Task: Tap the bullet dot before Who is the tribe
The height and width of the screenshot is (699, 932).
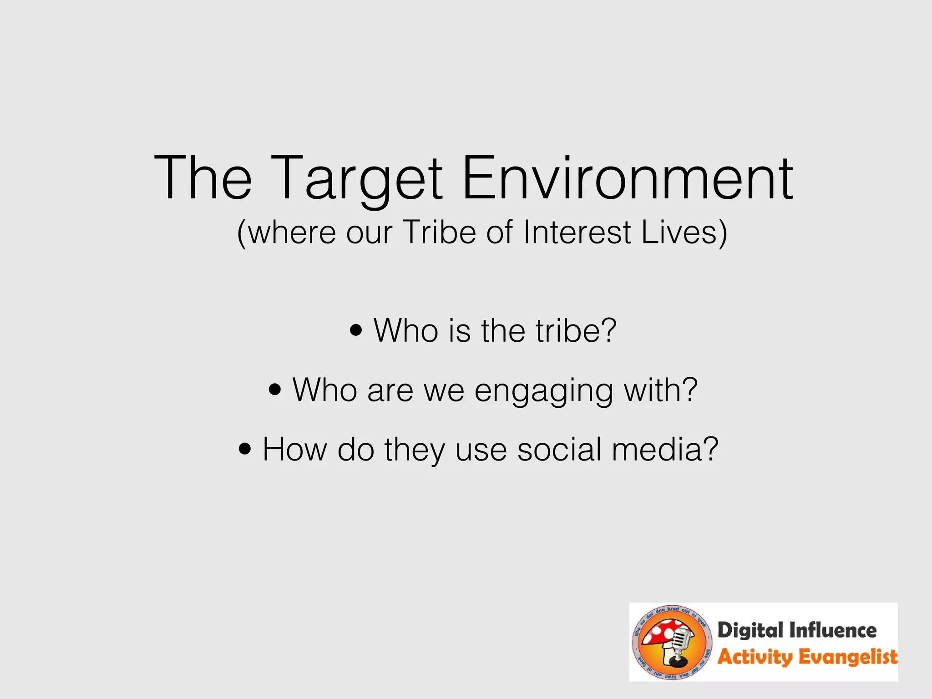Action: [x=356, y=331]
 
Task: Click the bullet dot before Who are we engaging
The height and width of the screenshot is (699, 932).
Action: [x=275, y=390]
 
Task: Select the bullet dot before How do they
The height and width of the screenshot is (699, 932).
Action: [x=245, y=450]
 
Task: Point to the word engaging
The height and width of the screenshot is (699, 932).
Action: [x=544, y=391]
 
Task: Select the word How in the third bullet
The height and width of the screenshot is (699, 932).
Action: [x=295, y=450]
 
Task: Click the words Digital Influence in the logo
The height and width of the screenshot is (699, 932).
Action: [x=796, y=631]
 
